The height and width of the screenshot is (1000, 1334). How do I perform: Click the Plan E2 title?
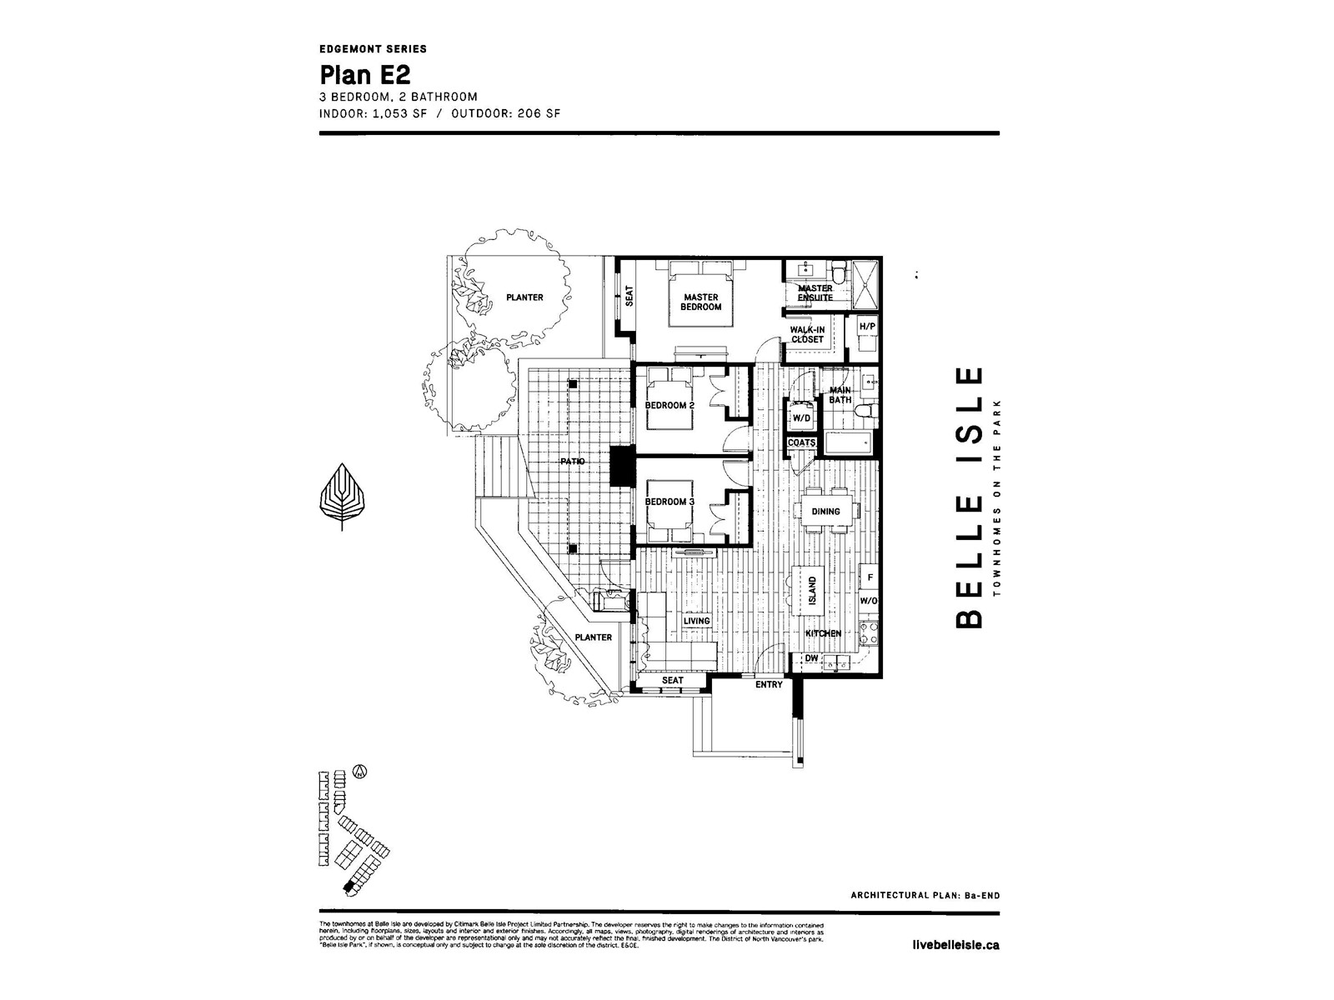point(365,75)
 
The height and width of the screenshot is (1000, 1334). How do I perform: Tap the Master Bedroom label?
point(700,302)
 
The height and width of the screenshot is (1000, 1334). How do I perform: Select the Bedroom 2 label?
point(670,406)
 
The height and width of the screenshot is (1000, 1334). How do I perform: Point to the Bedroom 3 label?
point(670,502)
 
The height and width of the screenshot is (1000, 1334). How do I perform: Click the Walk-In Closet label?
point(807,334)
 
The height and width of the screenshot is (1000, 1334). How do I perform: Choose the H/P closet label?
point(867,327)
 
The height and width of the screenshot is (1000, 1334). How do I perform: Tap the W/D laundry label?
point(801,417)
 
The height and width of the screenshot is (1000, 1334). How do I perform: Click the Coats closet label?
point(801,442)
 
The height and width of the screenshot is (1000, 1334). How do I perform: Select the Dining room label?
point(825,511)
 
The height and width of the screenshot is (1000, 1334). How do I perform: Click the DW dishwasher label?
point(811,658)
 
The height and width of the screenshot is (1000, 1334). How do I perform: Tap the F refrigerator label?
point(870,577)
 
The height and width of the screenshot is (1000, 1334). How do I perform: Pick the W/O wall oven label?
point(869,600)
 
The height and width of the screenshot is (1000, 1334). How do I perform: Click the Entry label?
point(768,685)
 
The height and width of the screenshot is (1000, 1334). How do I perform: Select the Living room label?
point(696,621)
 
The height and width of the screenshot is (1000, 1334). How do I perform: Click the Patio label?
point(572,461)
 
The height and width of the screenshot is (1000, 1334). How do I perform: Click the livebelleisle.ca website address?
point(956,945)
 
